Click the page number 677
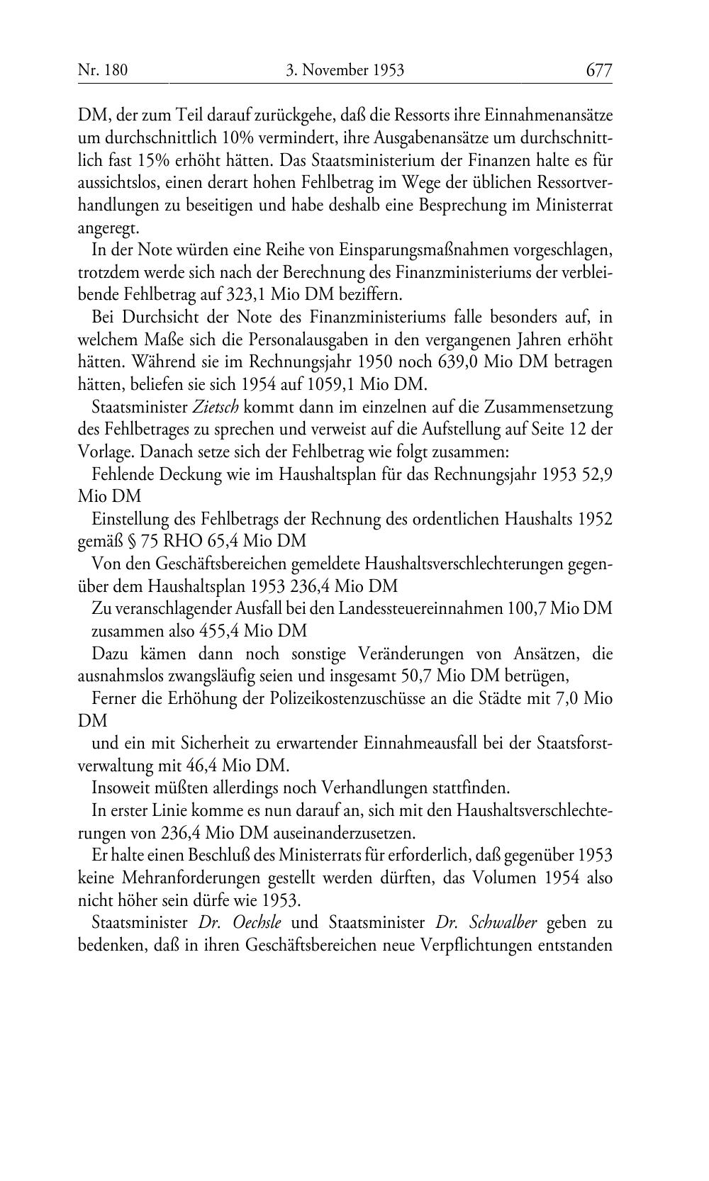598,70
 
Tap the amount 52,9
596,475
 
